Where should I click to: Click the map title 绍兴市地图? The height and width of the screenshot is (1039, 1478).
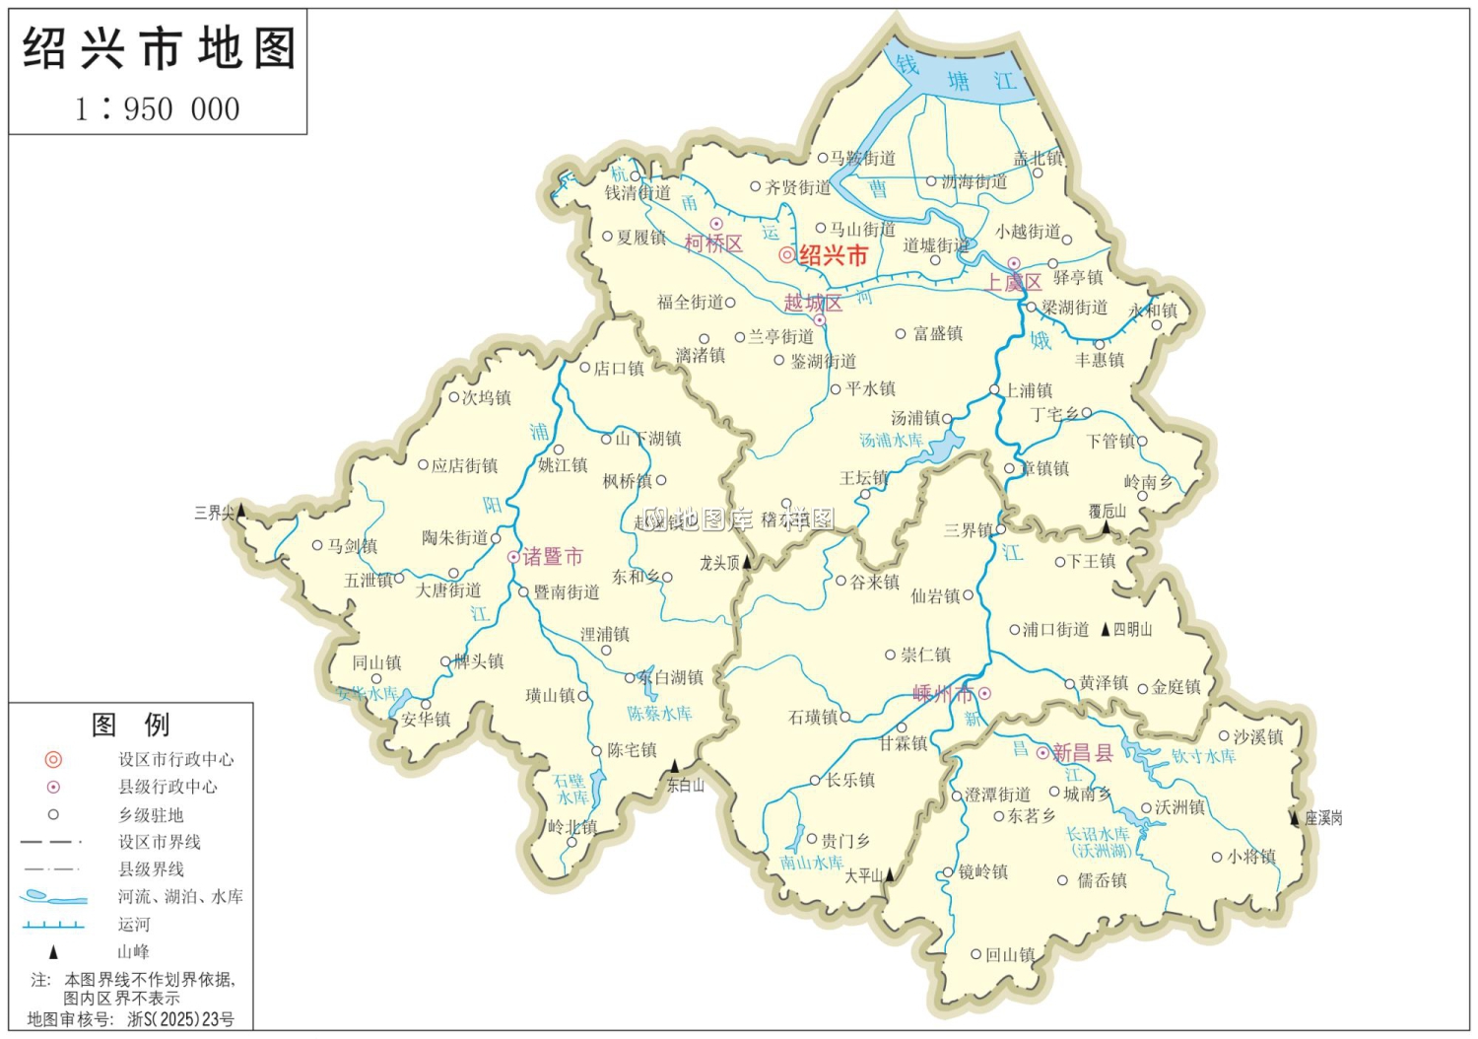tap(159, 48)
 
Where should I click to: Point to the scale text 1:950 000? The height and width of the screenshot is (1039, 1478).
tap(158, 108)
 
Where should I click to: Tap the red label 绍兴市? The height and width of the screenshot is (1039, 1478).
tap(833, 256)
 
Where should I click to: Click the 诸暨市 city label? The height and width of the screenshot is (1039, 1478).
tap(552, 557)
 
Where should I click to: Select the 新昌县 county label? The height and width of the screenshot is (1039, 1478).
tap(1082, 753)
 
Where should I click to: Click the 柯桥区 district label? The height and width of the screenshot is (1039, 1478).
tap(713, 243)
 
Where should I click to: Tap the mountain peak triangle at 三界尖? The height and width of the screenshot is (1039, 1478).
tap(240, 511)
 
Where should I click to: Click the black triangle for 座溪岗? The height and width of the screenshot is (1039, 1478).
tap(1295, 817)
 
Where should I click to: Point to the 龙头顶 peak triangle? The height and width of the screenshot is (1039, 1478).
tap(747, 562)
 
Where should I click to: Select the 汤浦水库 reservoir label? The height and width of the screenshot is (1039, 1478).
tap(891, 441)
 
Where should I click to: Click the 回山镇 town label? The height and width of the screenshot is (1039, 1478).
tap(1010, 954)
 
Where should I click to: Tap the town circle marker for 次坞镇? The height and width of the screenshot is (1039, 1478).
tap(454, 397)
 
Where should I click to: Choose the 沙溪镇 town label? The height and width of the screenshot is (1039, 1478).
tap(1258, 736)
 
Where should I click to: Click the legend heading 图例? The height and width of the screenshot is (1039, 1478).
tap(130, 725)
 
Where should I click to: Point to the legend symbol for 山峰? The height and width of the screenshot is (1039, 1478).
tap(54, 952)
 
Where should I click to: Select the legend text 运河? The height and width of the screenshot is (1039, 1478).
tap(135, 925)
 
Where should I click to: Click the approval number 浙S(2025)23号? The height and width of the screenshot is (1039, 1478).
tap(181, 1019)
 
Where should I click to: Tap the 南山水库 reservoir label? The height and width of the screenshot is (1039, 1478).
tap(811, 863)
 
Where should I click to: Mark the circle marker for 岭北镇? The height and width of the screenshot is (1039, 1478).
tap(571, 842)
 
